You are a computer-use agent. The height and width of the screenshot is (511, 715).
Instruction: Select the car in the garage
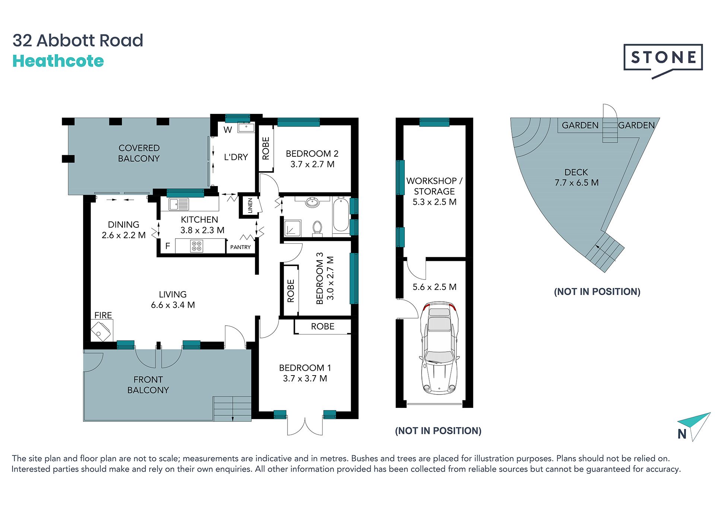click(439, 348)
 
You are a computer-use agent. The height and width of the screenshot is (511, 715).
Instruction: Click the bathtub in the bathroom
click(341, 215)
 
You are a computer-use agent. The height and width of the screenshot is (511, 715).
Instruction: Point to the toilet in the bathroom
click(317, 228)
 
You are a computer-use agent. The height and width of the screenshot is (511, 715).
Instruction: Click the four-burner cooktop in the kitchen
click(197, 246)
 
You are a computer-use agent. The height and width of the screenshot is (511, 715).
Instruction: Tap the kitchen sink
click(179, 204)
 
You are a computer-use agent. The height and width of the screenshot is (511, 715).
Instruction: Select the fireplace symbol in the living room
click(101, 331)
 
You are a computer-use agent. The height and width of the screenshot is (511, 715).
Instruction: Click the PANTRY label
click(241, 247)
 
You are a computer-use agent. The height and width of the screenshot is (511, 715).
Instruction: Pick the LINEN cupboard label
click(250, 205)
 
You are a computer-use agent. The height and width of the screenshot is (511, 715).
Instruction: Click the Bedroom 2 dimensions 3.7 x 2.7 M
click(312, 164)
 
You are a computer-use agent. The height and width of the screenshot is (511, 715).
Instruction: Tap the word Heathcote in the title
click(58, 61)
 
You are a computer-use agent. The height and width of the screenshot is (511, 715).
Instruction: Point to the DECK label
click(576, 172)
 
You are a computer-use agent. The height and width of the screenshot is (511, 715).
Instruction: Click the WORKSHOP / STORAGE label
click(435, 186)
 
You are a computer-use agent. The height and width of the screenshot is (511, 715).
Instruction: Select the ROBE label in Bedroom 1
click(323, 326)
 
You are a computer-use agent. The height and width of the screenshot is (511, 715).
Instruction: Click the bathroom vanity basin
click(312, 202)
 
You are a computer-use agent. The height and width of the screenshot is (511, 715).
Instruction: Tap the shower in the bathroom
click(293, 228)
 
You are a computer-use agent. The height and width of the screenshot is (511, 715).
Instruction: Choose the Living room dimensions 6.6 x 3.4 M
click(173, 305)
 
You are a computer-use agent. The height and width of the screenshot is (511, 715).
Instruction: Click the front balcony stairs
click(232, 409)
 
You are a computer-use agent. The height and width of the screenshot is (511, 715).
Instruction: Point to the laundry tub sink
click(246, 127)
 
